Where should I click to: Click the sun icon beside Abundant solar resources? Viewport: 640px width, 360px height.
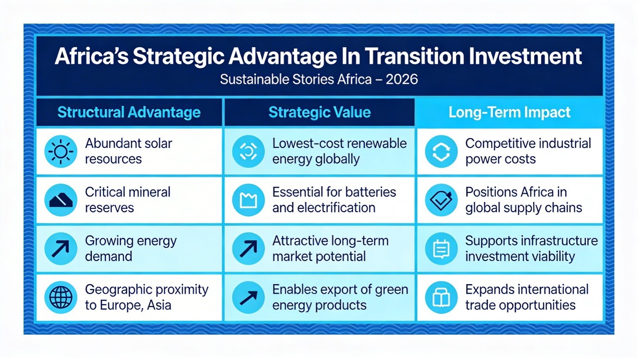[x=61, y=151]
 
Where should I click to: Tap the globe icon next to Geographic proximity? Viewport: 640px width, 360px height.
[x=61, y=297]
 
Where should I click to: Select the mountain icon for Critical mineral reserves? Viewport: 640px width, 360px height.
[x=61, y=200]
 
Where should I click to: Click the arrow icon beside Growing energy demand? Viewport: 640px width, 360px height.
[x=61, y=249]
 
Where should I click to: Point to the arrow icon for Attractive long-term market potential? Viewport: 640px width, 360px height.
[x=248, y=249]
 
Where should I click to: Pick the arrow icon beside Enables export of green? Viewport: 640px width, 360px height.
[x=248, y=297]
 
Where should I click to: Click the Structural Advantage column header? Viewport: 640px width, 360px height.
[x=129, y=112]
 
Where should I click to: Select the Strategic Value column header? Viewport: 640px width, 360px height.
[x=320, y=112]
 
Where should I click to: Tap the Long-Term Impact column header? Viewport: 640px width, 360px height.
[x=510, y=112]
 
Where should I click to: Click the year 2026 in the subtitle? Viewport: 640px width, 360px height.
[x=402, y=79]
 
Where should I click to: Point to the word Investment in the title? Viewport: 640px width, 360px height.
[x=525, y=56]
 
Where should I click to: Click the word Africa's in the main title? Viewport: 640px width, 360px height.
[x=92, y=56]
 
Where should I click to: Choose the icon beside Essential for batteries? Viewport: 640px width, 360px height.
[x=248, y=200]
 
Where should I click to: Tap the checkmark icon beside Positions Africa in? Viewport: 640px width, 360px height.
[x=441, y=200]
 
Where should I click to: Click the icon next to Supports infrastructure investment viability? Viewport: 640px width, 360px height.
[x=441, y=249]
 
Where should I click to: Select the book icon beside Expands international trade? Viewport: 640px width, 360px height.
[x=441, y=297]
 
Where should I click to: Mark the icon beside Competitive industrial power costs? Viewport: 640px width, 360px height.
[x=441, y=151]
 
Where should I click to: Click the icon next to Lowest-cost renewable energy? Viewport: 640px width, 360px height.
[x=248, y=151]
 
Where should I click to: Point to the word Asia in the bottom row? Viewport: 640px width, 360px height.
[x=159, y=305]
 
